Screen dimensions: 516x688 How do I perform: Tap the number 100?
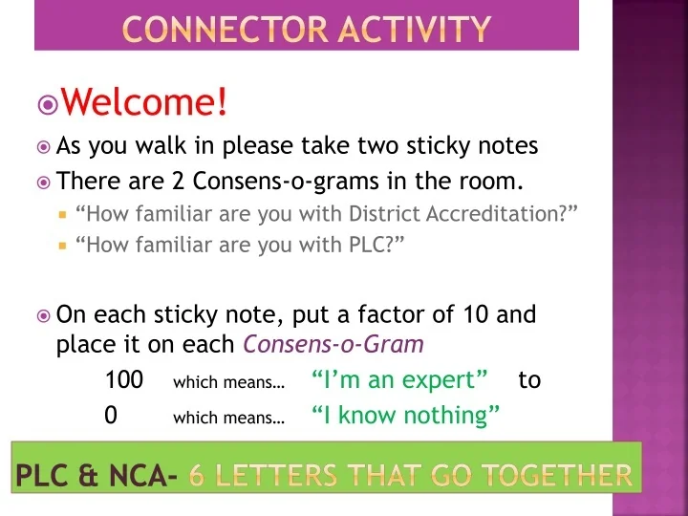point(124,380)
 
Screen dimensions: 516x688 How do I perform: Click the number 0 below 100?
point(111,416)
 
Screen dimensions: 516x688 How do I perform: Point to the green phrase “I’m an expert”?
point(399,380)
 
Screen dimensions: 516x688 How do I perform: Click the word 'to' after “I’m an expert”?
point(529,380)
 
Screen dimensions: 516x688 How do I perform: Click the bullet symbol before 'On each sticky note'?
point(43,314)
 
